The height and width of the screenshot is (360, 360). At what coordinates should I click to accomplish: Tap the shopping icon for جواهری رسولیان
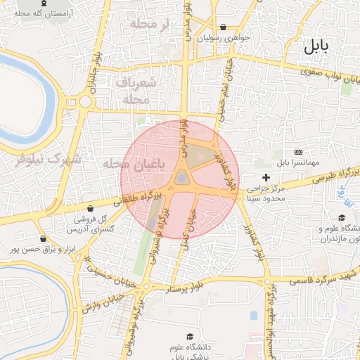tap(223, 27)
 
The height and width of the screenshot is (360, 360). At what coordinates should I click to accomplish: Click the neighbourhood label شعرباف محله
tap(133, 90)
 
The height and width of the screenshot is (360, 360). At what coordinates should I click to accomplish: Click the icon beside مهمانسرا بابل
tap(298, 152)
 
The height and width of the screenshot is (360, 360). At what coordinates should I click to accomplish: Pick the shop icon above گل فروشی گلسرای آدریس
tap(91, 208)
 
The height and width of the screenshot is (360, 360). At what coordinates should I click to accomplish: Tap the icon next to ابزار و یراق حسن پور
tap(44, 238)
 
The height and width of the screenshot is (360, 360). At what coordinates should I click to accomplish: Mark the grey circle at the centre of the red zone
tap(182, 178)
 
